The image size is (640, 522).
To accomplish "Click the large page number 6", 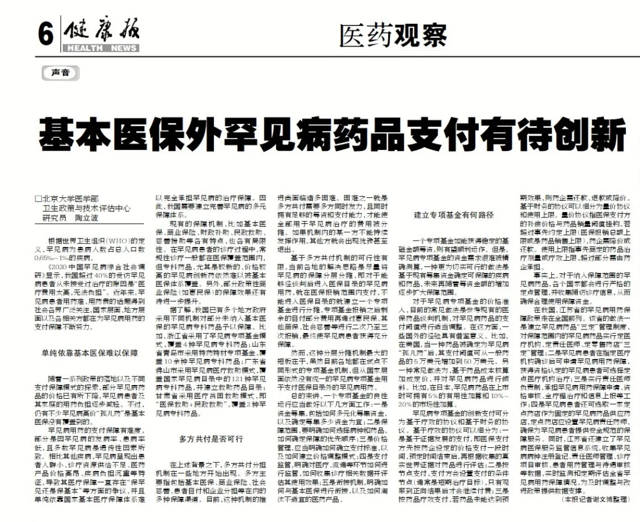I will [46, 34].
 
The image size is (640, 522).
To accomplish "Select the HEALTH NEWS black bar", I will [100, 48].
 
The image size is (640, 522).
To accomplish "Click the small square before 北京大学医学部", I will [38, 200].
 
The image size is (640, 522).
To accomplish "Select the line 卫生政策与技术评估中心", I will [86, 209].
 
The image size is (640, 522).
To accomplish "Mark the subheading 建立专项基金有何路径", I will [453, 215].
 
